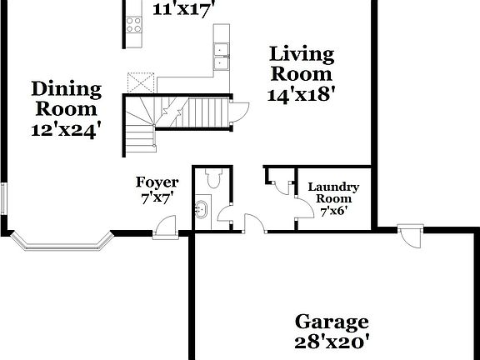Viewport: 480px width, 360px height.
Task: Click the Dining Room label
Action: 66,98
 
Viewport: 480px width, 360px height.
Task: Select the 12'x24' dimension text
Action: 66,129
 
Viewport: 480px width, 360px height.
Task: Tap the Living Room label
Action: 301,65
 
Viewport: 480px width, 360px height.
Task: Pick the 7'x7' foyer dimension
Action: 157,199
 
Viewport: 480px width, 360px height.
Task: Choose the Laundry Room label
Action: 333,193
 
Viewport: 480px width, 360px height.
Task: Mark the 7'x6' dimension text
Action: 333,212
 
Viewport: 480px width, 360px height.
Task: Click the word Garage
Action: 332,322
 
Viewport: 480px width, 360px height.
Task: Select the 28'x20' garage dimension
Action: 332,342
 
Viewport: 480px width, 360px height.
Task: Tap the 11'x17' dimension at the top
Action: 185,9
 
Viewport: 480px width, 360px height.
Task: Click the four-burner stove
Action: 133,23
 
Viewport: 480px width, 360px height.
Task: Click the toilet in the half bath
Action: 211,178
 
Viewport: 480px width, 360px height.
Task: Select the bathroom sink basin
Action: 202,209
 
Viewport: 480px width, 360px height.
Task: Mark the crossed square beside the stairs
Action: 139,83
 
